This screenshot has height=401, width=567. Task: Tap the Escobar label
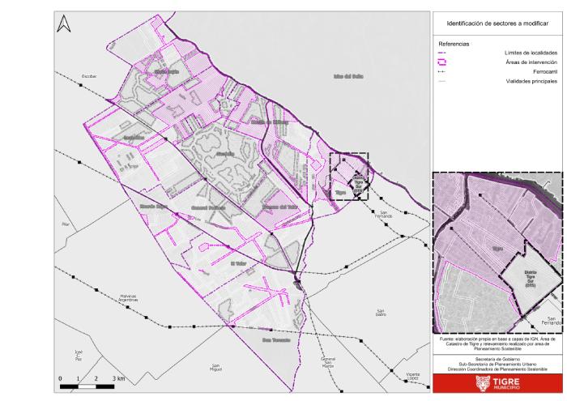click(89, 76)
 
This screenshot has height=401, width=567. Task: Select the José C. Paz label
click(78, 355)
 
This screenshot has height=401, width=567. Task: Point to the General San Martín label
click(328, 361)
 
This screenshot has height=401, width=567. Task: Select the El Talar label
click(238, 263)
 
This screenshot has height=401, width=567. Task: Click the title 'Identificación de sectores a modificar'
click(497, 23)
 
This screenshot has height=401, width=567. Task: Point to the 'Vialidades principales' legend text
click(528, 82)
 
